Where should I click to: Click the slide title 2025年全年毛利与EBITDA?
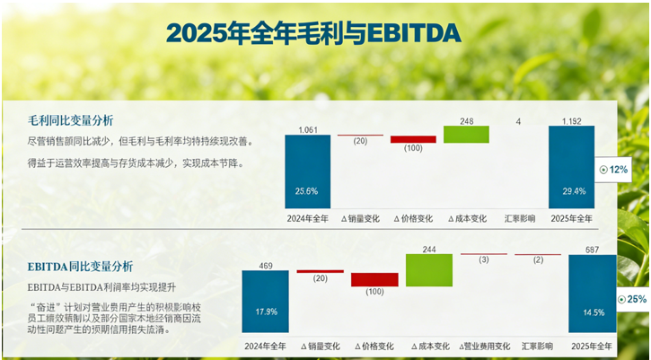pos(313,33)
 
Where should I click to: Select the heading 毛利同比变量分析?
pos(70,119)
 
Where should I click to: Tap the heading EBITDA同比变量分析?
pos(80,266)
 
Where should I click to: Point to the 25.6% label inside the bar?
pos(307,190)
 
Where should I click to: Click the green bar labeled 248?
pos(466,135)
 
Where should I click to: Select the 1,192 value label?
pos(571,120)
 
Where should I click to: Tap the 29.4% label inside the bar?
pos(571,190)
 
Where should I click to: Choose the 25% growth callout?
pos(633,298)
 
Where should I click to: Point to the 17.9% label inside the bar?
pos(266,312)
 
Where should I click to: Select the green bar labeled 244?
pos(429,270)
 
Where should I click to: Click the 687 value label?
pos(593,249)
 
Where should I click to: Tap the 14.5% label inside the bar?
pos(593,312)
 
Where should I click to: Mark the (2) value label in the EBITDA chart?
pos(538,259)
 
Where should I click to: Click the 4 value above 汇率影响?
pos(518,121)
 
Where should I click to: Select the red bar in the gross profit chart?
pos(413,139)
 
